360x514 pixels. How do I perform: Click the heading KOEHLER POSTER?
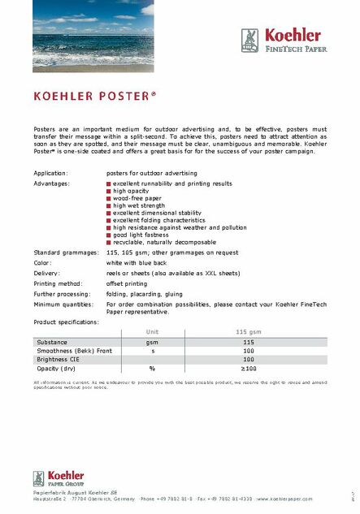(94, 96)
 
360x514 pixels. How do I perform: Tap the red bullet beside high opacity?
(109, 191)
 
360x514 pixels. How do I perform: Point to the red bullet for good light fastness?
(109, 235)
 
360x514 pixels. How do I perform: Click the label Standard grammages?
(64, 253)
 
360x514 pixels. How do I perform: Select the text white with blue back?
(142, 263)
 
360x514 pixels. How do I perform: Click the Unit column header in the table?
(152, 332)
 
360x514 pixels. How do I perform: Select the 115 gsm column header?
(248, 332)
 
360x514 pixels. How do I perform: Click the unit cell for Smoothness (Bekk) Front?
(152, 351)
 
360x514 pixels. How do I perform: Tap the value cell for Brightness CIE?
(248, 359)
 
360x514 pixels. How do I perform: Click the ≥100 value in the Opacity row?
(248, 369)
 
